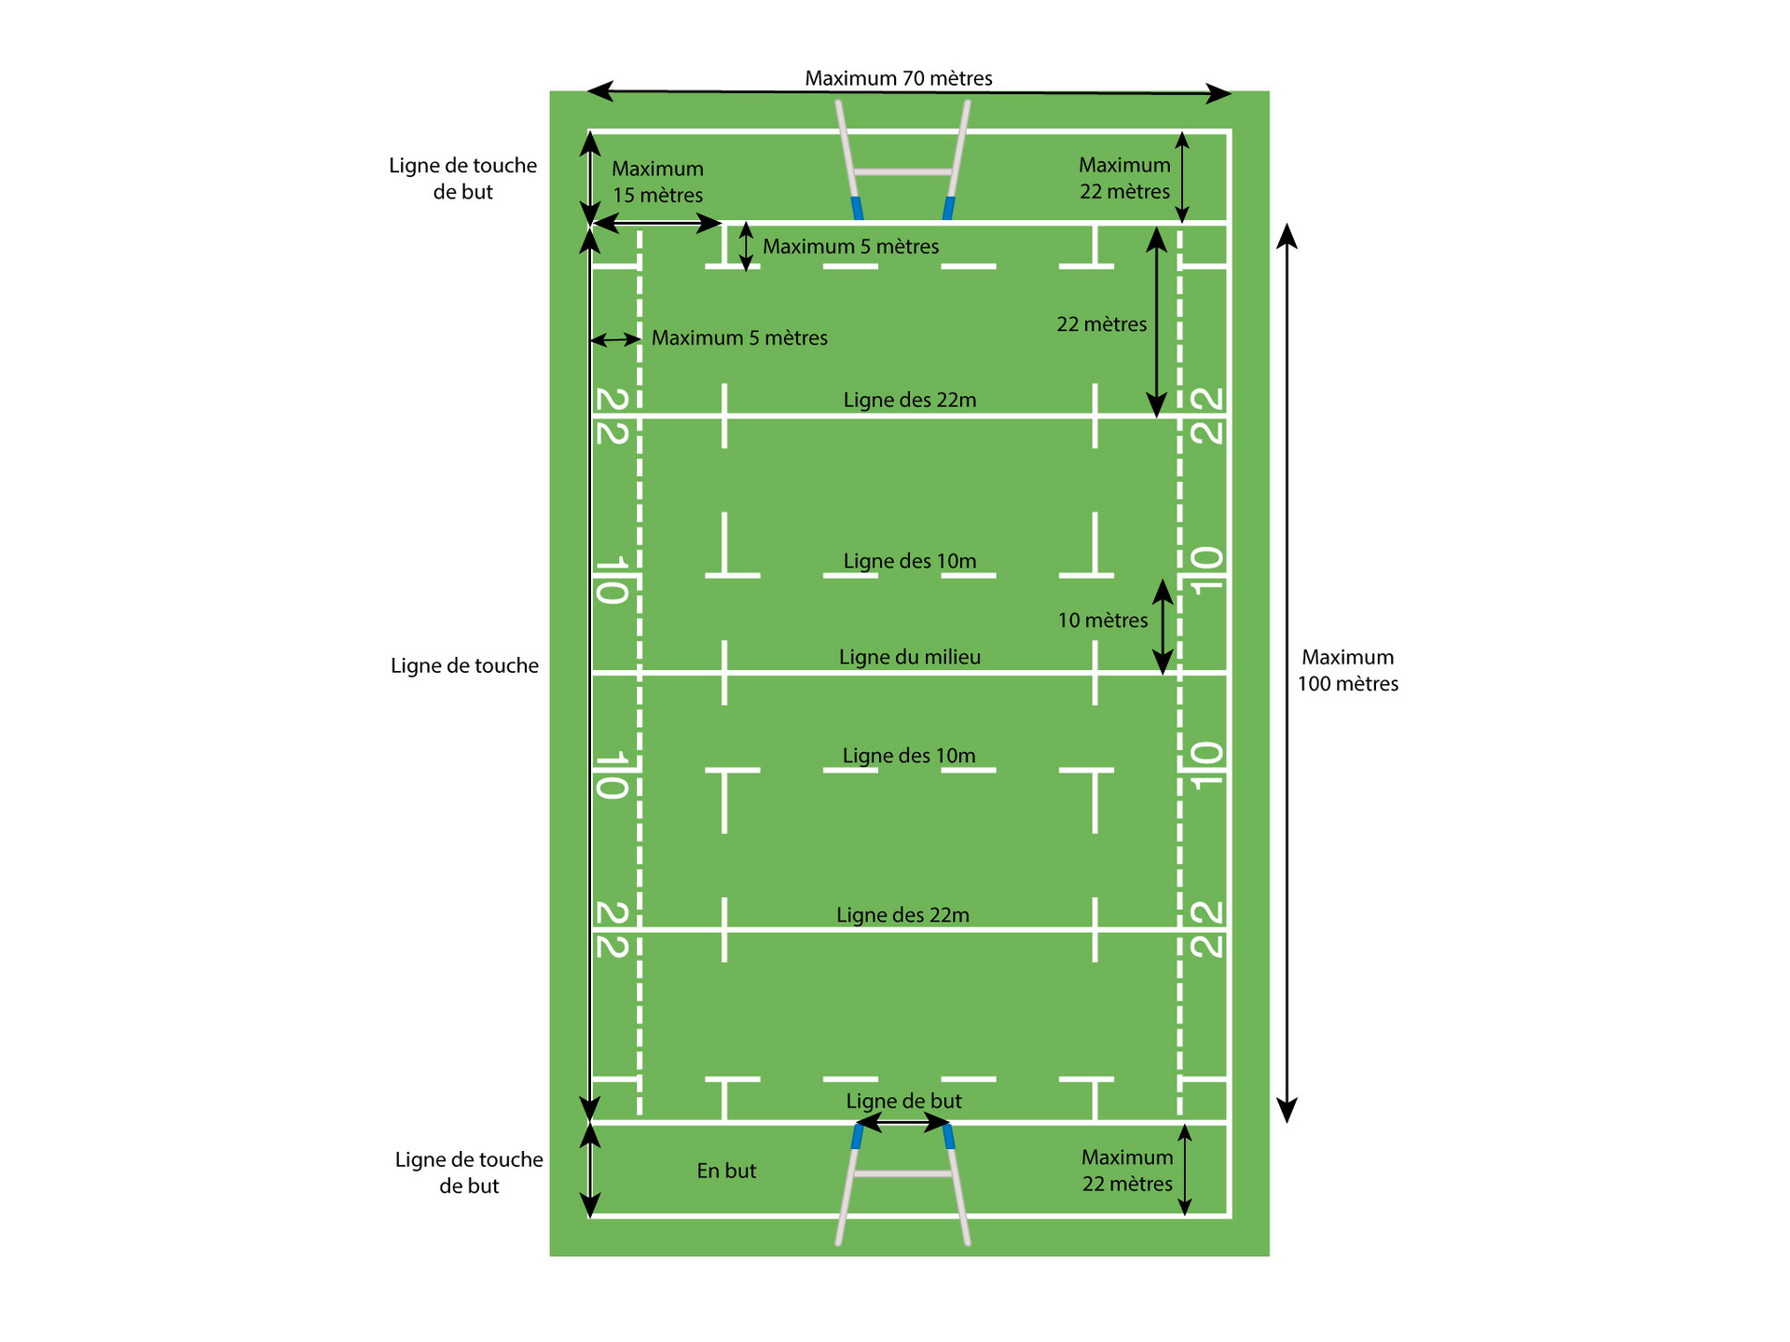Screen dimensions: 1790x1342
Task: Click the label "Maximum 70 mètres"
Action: pyautogui.click(x=899, y=78)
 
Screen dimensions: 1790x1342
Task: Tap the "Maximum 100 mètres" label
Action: pyautogui.click(x=1348, y=670)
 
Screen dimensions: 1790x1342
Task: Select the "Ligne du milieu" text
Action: pyautogui.click(x=910, y=657)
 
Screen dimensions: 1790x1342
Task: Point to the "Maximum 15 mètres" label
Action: pyautogui.click(x=657, y=182)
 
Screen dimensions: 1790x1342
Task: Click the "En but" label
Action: pyautogui.click(x=726, y=1171)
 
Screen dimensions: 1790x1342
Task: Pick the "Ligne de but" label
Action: pyautogui.click(x=903, y=1101)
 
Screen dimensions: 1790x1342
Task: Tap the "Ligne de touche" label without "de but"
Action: pyautogui.click(x=464, y=665)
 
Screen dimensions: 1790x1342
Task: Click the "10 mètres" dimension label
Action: pyautogui.click(x=1103, y=620)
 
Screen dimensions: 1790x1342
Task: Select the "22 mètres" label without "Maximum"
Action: pyautogui.click(x=1102, y=324)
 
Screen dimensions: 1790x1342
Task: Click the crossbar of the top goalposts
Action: pyautogui.click(x=902, y=171)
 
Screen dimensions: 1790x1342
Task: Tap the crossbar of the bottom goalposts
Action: pyautogui.click(x=902, y=1174)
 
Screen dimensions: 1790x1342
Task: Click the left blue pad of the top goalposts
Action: pyautogui.click(x=857, y=208)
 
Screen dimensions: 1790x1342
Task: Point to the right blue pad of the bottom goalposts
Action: pyautogui.click(x=949, y=1136)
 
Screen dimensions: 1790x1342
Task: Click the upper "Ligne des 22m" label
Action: pyautogui.click(x=910, y=400)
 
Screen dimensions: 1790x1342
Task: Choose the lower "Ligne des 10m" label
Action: pyautogui.click(x=909, y=755)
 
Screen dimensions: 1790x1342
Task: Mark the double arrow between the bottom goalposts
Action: pyautogui.click(x=902, y=1123)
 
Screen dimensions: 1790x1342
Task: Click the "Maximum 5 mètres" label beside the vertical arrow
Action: pyautogui.click(x=851, y=246)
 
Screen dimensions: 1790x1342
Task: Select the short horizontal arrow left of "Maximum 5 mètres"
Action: pyautogui.click(x=615, y=340)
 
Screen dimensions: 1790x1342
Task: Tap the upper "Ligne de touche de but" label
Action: pyautogui.click(x=462, y=178)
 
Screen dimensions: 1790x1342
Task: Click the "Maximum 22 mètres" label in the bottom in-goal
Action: pyautogui.click(x=1127, y=1171)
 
